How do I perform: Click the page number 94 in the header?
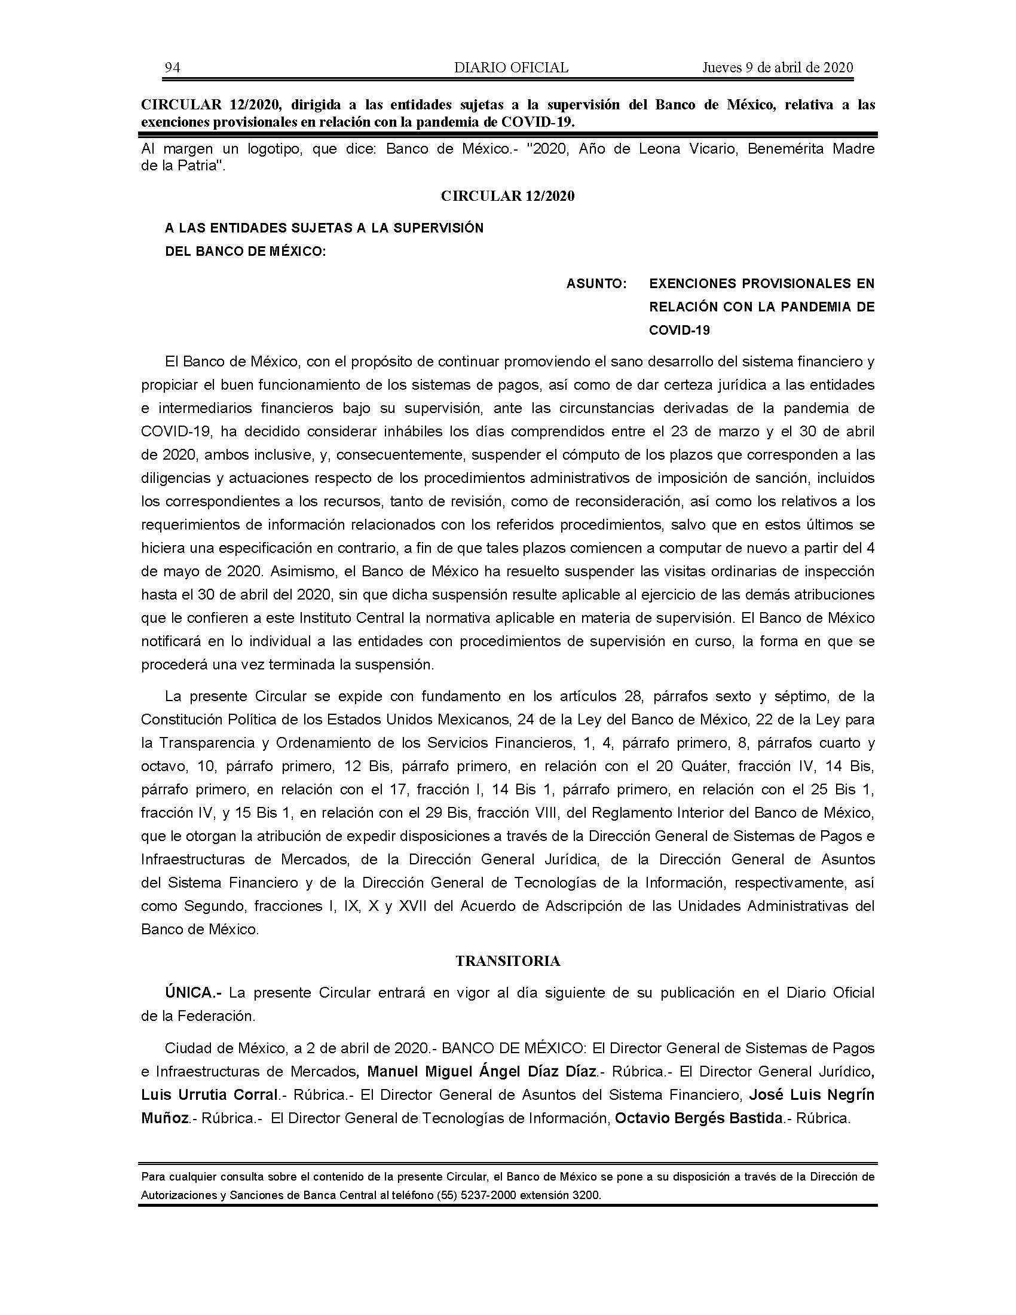coord(172,68)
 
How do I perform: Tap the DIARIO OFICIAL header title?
coord(511,68)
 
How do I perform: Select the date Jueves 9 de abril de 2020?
coord(778,68)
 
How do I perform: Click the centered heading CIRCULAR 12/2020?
coord(507,196)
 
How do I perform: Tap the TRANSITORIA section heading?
coord(508,961)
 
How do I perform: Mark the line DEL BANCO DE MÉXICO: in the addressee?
coord(246,252)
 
